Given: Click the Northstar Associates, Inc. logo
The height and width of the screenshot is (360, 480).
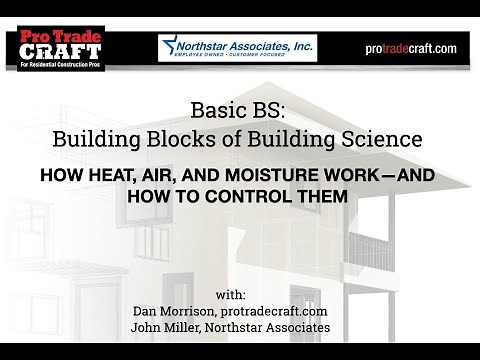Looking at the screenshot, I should point(237,47).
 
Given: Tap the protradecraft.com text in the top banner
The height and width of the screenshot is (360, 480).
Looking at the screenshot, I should point(410,48).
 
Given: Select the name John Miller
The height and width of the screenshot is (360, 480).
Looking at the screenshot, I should point(168,328).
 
